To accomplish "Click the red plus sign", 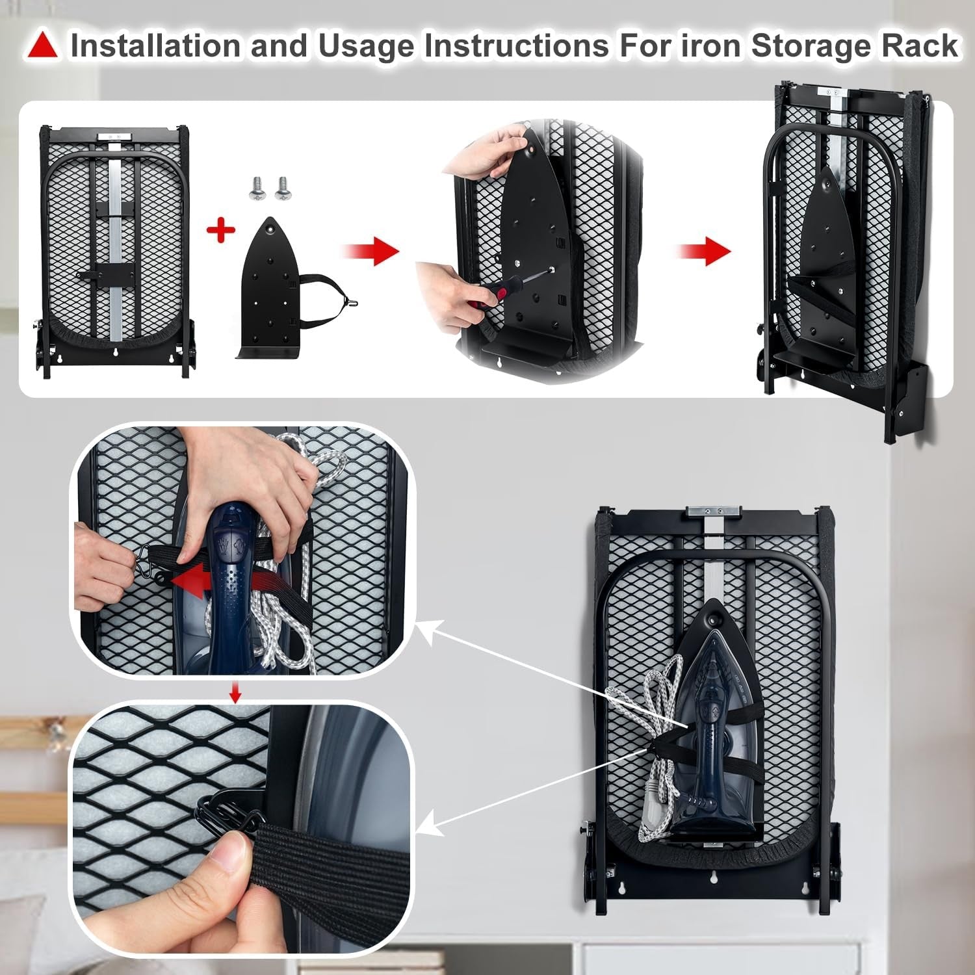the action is point(220,231).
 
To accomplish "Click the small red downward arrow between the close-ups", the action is point(235,693).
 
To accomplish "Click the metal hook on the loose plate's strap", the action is point(352,302).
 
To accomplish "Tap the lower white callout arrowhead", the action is point(424,827).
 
